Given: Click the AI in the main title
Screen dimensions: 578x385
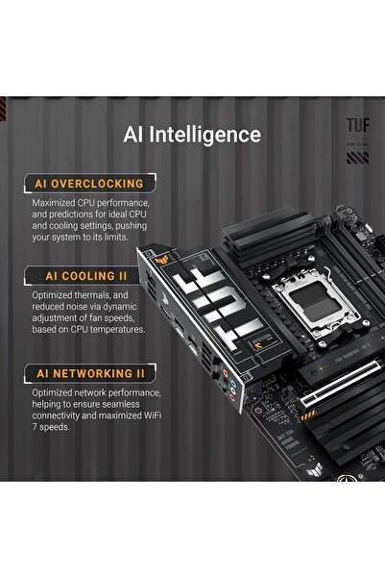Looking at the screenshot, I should coord(135,134).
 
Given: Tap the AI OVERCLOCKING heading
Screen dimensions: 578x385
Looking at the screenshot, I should coord(88,183).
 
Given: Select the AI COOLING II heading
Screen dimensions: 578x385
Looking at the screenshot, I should coord(84,274).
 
